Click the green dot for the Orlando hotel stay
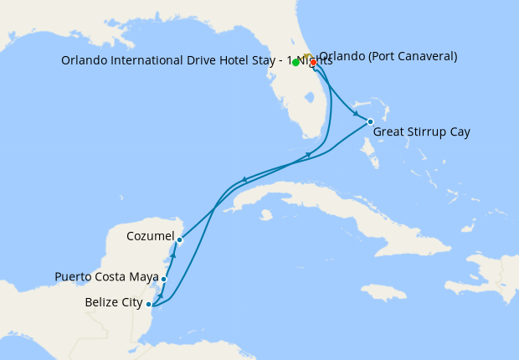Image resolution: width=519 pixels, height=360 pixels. pos(296,62)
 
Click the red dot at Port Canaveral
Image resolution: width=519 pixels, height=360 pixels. pos(312,62)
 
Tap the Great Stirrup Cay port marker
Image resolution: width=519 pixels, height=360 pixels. pos(370,121)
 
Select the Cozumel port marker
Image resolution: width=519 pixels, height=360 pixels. pos(179,239)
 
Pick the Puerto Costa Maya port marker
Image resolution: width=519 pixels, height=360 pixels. pos(164,279)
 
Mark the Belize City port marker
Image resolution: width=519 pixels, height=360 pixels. pos(148,304)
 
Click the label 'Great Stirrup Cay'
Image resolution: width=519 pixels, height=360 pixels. pos(421,132)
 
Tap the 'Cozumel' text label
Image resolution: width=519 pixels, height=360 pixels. pos(150,236)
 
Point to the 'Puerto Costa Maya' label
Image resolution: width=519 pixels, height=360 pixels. pos(106,276)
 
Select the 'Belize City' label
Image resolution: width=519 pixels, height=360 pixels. pos(114,302)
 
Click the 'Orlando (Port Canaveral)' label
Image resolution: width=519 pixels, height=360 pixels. pos(388,57)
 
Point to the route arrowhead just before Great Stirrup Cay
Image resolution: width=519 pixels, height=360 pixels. pos(357,115)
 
